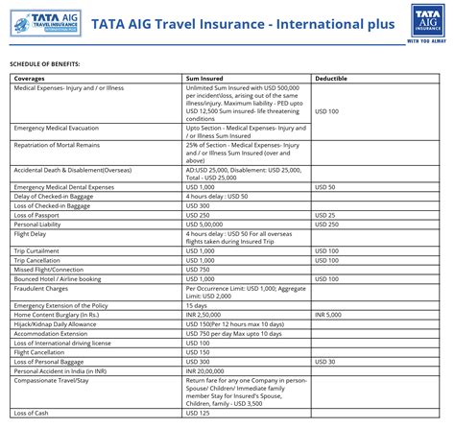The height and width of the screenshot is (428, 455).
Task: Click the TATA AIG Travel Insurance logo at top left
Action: (38, 22)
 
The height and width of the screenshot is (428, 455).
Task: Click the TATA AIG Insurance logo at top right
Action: (424, 23)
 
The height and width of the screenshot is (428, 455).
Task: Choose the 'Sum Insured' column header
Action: (207, 78)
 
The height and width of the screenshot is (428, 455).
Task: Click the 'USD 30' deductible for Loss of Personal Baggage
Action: (325, 361)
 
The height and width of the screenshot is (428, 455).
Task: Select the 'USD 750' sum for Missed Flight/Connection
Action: (198, 269)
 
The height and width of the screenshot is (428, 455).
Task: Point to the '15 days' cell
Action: (197, 305)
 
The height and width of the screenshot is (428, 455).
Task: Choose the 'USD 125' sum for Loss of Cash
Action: (198, 413)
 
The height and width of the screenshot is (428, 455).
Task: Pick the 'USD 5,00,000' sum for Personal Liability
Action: (207, 224)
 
